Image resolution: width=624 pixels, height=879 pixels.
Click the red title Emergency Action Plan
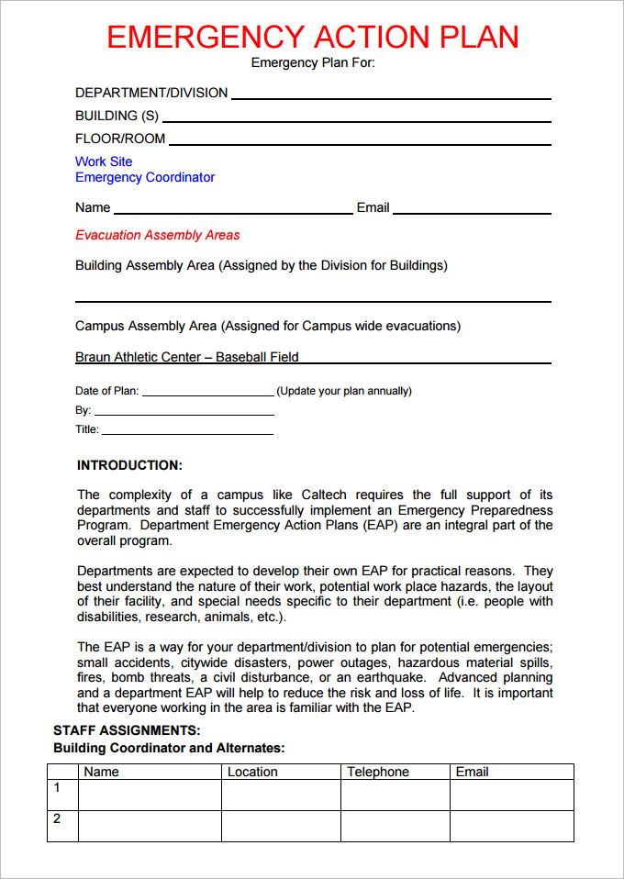pos(312,37)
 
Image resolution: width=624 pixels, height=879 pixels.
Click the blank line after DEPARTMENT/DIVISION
pos(390,95)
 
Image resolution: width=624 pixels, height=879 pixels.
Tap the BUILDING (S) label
pos(117,116)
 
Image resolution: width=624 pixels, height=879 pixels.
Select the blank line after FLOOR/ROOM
pos(360,141)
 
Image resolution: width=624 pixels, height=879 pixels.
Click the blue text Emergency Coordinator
pos(145,177)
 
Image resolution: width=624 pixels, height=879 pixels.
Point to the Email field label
pos(373,207)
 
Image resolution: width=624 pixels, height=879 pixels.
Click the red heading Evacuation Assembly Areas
pos(157,235)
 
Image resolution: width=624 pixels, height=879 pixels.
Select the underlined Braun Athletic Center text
pos(187,357)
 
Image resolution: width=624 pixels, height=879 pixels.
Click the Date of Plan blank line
pos(207,393)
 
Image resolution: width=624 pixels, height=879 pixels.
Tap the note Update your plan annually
pos(344,391)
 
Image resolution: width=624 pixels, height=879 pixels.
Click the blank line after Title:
pos(187,431)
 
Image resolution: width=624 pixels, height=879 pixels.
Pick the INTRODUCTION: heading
pos(129,465)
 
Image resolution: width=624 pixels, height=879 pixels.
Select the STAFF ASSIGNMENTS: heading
pos(127,730)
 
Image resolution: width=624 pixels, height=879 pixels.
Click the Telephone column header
pos(378,772)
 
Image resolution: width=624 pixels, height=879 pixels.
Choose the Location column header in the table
pos(252,772)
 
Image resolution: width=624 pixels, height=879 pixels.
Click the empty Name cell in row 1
pos(149,795)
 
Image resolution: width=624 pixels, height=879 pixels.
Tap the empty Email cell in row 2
pos(511,826)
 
